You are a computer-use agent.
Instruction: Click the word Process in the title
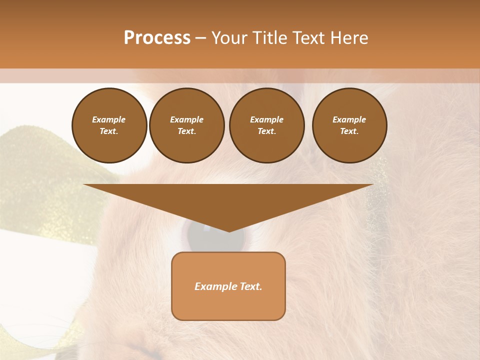pos(157,38)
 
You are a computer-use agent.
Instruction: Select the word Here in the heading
pos(348,38)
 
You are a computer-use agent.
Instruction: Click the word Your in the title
pos(229,38)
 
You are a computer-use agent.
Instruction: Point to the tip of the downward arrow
pos(228,231)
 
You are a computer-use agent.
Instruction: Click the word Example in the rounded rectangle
pos(215,286)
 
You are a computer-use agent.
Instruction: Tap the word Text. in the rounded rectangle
pos(250,286)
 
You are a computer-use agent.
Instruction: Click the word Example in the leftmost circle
pos(109,119)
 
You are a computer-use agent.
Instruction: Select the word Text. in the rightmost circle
pos(349,131)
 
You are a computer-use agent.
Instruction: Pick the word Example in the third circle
pos(267,119)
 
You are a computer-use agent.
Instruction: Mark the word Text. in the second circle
pos(187,131)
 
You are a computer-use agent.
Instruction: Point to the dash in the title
pos(201,38)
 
